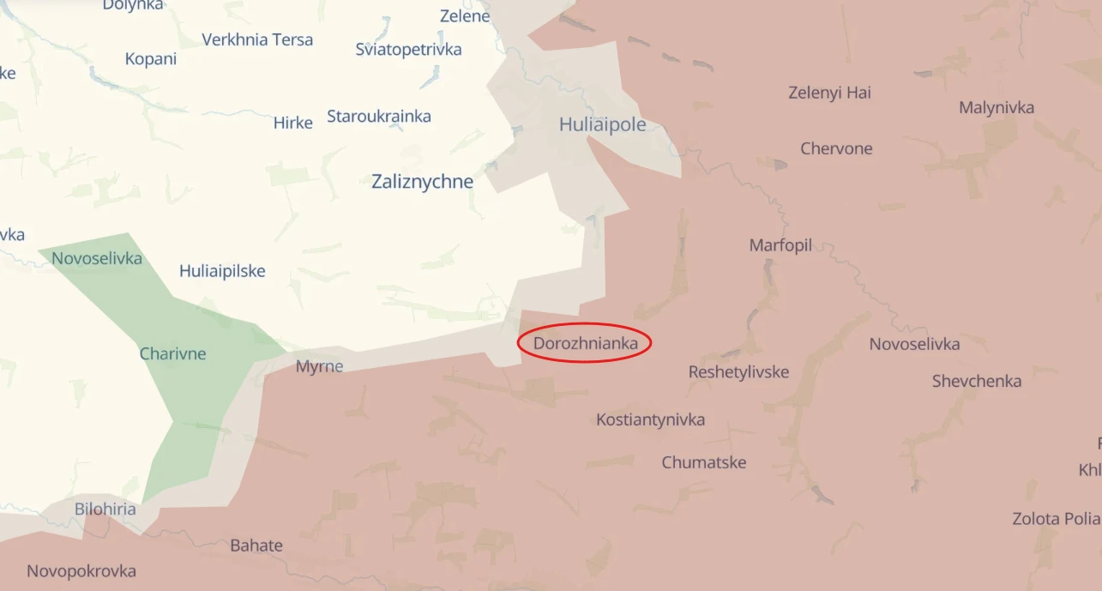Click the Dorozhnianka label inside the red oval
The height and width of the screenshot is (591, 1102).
[x=585, y=344]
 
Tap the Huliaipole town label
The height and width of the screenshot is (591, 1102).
[x=602, y=124]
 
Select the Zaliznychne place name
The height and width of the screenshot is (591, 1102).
[x=422, y=182]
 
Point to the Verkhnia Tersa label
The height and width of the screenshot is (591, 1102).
[x=257, y=39]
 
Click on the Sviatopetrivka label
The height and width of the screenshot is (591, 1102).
[x=408, y=49]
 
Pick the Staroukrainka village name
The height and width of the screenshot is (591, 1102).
[x=378, y=116]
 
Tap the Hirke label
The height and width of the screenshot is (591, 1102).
[x=292, y=123]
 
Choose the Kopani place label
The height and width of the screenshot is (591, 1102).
[x=151, y=59]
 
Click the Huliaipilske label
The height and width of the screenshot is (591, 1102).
[x=222, y=271]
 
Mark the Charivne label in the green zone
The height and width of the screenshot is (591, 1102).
[x=172, y=353]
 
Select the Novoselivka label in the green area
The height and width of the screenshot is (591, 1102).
[x=97, y=258]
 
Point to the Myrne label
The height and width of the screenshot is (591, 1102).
[x=319, y=366]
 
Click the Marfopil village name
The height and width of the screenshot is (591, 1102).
[x=780, y=245]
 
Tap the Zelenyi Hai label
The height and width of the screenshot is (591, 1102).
[x=829, y=93]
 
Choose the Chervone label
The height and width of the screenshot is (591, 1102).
[x=836, y=148]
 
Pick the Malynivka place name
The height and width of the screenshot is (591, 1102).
[x=997, y=107]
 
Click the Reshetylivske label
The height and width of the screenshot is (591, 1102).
[x=738, y=372]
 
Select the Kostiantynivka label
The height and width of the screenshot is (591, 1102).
[x=650, y=419]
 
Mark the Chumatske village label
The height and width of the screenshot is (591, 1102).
[x=703, y=462]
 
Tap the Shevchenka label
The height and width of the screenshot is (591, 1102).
[x=977, y=382]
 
